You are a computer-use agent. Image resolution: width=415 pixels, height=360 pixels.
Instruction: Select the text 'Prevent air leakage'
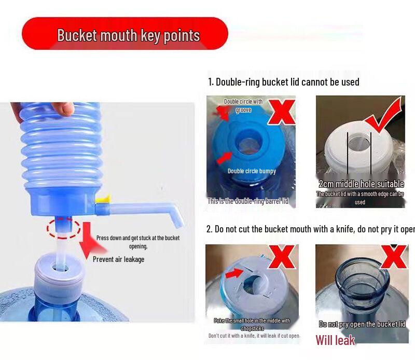(118, 259)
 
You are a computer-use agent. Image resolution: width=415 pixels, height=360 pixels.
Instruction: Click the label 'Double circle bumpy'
(252, 171)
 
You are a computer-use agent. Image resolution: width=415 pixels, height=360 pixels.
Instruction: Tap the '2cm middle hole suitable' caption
(361, 184)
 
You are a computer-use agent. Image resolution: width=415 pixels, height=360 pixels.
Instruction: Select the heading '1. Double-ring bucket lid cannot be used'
(283, 82)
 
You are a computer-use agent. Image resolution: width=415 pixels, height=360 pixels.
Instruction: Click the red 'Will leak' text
(335, 340)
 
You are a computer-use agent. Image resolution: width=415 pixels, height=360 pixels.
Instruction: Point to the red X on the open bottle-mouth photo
(394, 256)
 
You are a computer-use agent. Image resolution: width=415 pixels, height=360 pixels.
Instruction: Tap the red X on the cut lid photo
(284, 257)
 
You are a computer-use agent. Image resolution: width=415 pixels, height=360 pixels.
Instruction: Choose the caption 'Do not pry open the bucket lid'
(362, 324)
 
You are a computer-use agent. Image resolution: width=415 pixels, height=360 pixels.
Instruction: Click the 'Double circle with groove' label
(243, 105)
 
